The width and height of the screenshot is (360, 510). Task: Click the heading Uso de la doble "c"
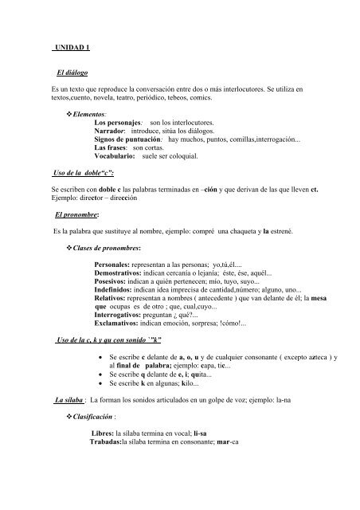tap(84, 171)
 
